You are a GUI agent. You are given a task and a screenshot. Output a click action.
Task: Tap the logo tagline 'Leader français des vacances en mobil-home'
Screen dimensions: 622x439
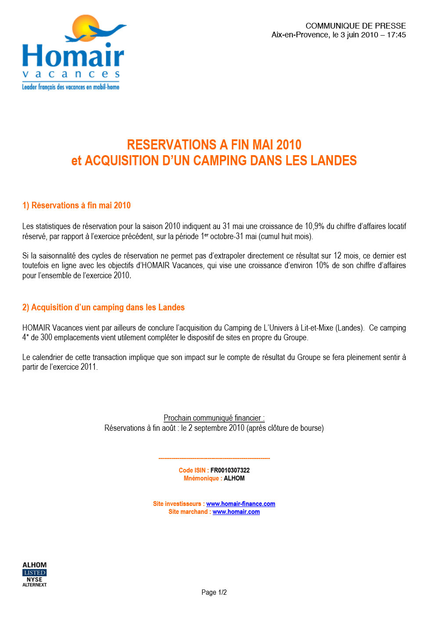[71, 87]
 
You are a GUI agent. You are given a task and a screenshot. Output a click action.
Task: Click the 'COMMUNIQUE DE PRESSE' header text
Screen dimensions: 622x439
[356, 26]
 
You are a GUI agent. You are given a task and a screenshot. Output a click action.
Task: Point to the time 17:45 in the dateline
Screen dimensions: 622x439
[396, 35]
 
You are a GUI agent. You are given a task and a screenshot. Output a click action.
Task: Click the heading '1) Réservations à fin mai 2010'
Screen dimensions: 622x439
[76, 205]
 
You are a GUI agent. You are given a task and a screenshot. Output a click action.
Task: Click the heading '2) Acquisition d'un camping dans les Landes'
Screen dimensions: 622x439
[103, 307]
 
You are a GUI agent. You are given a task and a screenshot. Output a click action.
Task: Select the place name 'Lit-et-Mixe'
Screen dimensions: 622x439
[317, 328]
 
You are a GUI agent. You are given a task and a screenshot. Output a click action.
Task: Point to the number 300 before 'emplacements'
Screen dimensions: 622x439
[46, 338]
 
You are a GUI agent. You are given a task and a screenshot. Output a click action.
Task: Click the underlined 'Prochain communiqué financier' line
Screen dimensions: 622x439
[214, 418]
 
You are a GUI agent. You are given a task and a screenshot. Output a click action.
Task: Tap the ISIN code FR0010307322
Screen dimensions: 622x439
[230, 470]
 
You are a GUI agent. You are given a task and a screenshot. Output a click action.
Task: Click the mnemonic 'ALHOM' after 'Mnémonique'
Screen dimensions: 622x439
[234, 478]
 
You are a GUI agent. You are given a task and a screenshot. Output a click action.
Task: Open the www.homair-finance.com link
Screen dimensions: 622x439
[241, 504]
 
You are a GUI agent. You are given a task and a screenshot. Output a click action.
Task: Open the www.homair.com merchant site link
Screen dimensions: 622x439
[236, 512]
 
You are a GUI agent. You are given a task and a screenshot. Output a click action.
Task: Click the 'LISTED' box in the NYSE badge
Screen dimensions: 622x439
[35, 573]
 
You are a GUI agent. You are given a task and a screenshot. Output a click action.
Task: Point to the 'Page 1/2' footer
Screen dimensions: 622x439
[214, 593]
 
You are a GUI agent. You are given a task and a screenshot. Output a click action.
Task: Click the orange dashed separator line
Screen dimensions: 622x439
[214, 458]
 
